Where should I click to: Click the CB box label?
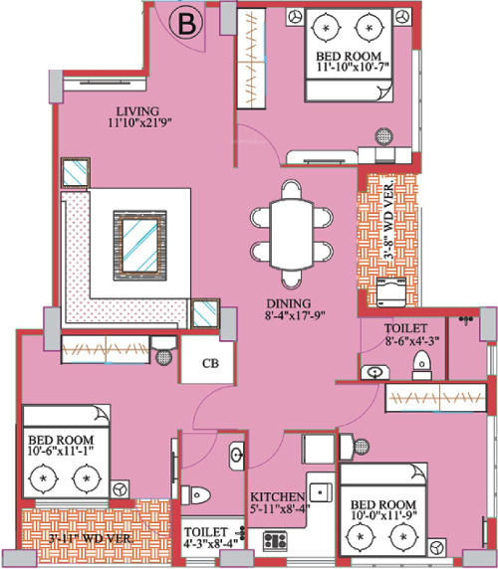(211, 363)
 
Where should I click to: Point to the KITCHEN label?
(277, 496)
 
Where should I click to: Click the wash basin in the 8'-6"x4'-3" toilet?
(373, 372)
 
